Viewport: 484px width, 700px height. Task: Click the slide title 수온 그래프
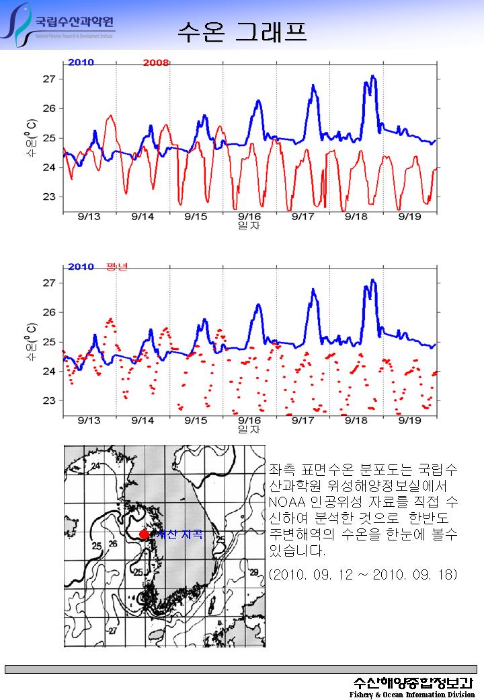pos(241,30)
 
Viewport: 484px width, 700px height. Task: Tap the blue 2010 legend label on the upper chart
pos(81,63)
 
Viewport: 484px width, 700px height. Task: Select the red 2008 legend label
pos(155,63)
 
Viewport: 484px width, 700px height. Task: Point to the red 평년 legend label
pos(116,267)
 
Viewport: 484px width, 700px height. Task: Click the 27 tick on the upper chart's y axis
pos(48,79)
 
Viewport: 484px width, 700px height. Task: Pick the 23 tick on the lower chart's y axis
pos(48,400)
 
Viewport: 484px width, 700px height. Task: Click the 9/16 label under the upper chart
pos(249,216)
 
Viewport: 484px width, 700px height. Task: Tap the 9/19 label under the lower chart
pos(409,420)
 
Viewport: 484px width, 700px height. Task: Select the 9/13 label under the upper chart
pos(89,216)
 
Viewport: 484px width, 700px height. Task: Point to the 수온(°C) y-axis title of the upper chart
pos(31,139)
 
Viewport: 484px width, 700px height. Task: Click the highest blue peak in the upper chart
pos(373,77)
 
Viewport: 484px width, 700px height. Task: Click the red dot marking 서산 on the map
pos(144,534)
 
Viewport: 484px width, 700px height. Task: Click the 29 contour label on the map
pos(253,572)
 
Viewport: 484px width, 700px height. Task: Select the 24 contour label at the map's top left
pos(95,466)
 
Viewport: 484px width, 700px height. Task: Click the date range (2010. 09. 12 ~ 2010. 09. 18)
pos(362,574)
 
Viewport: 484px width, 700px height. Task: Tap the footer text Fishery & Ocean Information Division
pos(411,695)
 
